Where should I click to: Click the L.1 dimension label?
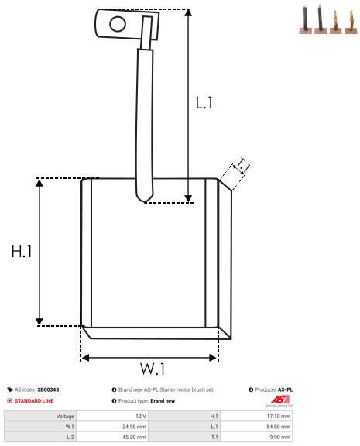[204, 103]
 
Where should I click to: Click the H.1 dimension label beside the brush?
[22, 252]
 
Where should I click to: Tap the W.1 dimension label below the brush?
[153, 369]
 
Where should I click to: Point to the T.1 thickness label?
[242, 166]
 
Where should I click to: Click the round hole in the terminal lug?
[118, 24]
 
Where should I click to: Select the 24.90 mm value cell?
[134, 427]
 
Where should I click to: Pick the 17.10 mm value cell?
[279, 416]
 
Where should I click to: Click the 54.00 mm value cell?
[279, 427]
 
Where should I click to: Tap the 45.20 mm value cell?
[134, 437]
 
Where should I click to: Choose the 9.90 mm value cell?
[279, 437]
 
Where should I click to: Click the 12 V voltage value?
[141, 416]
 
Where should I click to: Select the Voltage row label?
[65, 416]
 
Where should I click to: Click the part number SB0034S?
[48, 389]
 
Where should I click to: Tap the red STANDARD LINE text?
[34, 401]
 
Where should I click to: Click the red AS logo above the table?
[279, 400]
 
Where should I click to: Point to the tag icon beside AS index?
[10, 389]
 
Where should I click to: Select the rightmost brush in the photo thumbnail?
[351, 22]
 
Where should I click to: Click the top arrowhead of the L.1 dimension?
[188, 12]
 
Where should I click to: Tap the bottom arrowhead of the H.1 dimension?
[39, 321]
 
